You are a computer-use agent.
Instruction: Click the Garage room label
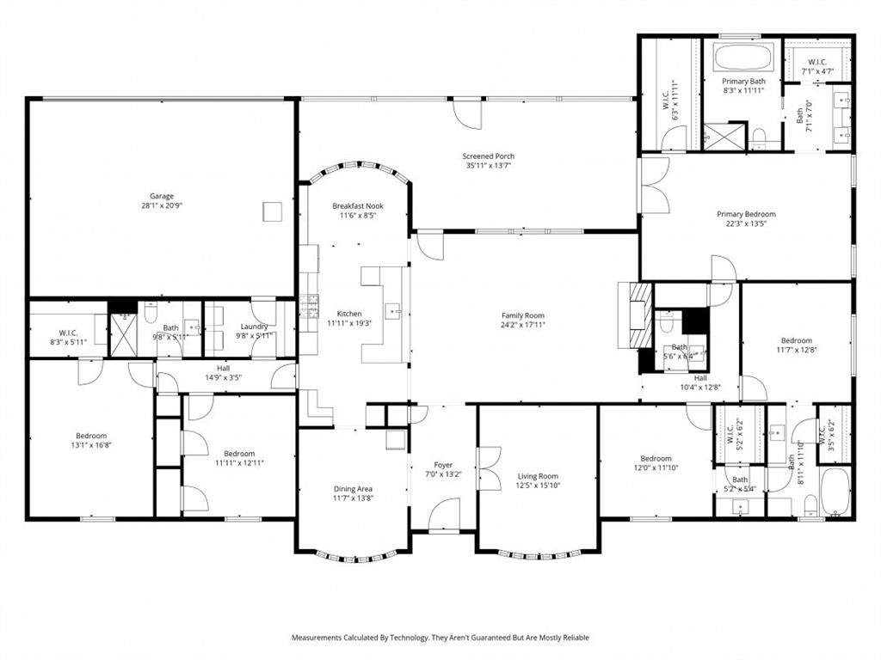click(x=157, y=196)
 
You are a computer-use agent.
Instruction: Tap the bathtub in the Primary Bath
click(x=742, y=57)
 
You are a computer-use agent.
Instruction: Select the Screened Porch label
click(x=490, y=156)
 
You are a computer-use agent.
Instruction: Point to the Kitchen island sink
click(x=393, y=309)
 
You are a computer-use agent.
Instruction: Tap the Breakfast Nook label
click(x=358, y=206)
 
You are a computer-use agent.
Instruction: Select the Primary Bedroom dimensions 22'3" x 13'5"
click(x=746, y=225)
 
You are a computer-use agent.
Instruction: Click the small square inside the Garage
click(x=273, y=211)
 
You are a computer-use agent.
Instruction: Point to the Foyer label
click(x=443, y=465)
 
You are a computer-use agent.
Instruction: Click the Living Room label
click(x=538, y=476)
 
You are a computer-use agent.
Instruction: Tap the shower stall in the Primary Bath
click(x=723, y=136)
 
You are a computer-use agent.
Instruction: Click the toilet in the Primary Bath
click(x=760, y=137)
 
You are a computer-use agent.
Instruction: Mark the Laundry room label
click(x=255, y=327)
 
